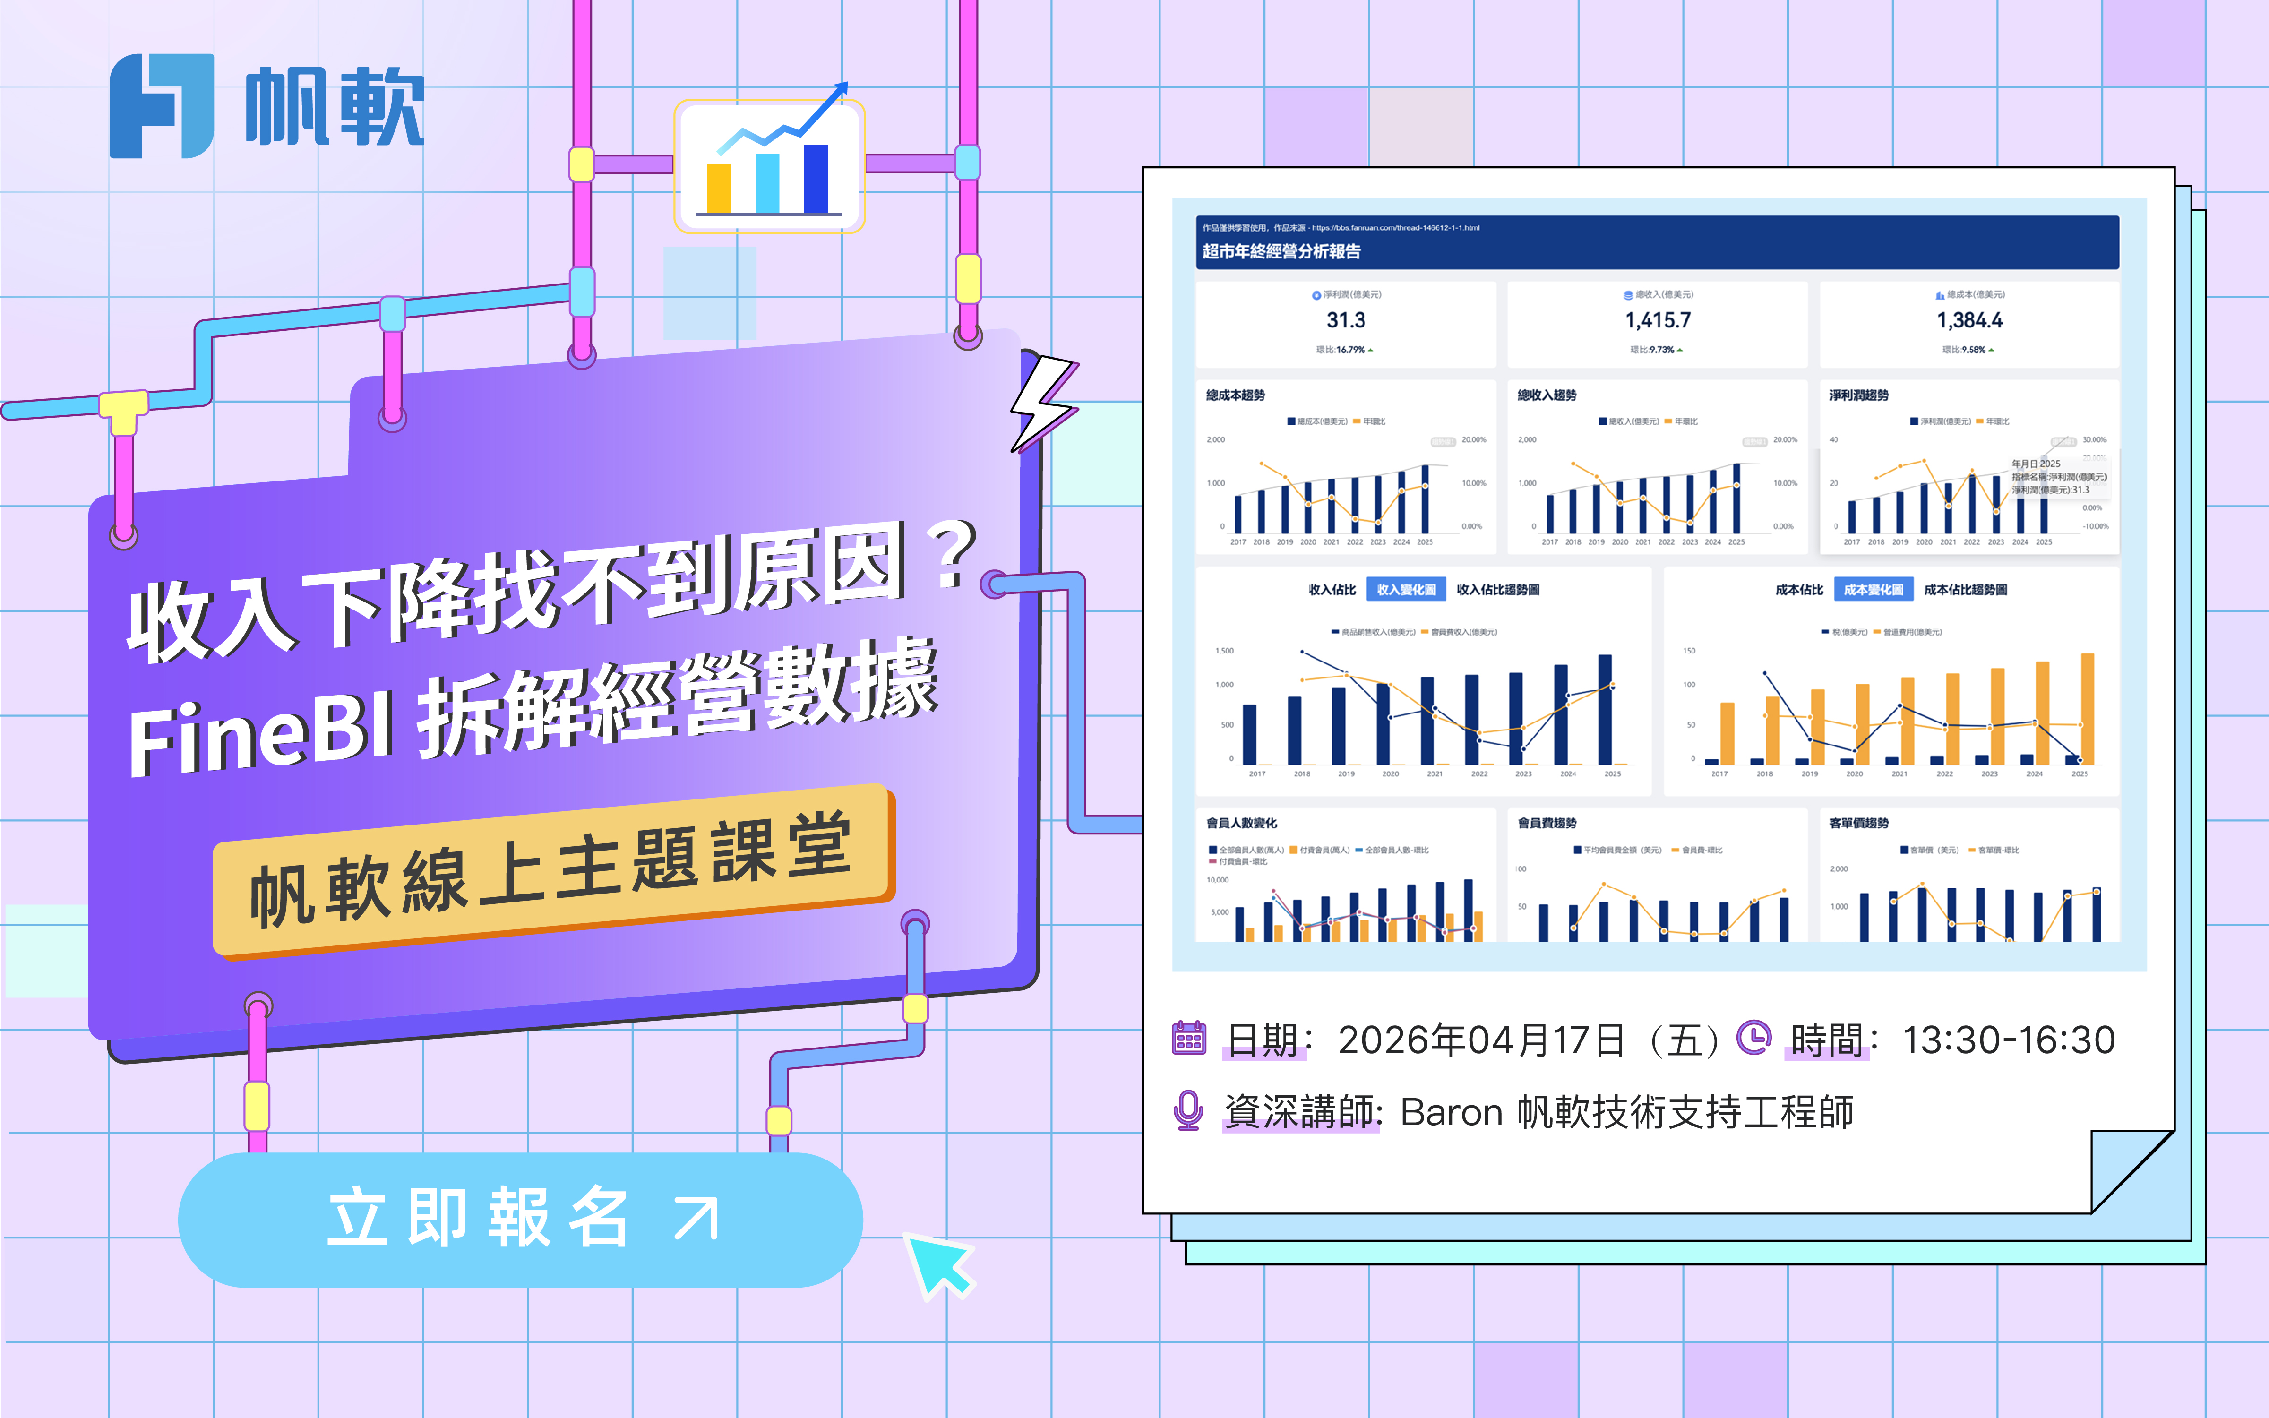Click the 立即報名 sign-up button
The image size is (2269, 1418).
pos(520,1219)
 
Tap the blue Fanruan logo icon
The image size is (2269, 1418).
pos(161,106)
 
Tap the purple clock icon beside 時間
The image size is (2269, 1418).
pos(1753,1037)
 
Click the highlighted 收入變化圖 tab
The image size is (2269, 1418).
pos(1405,589)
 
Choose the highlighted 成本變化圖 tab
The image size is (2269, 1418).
pos(1873,589)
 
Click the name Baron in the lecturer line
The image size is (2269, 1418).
pos(1452,1112)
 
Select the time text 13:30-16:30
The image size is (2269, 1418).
pos(2008,1039)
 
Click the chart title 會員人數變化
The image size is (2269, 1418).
pos(1241,823)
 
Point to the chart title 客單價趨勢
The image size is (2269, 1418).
pos(1858,823)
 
